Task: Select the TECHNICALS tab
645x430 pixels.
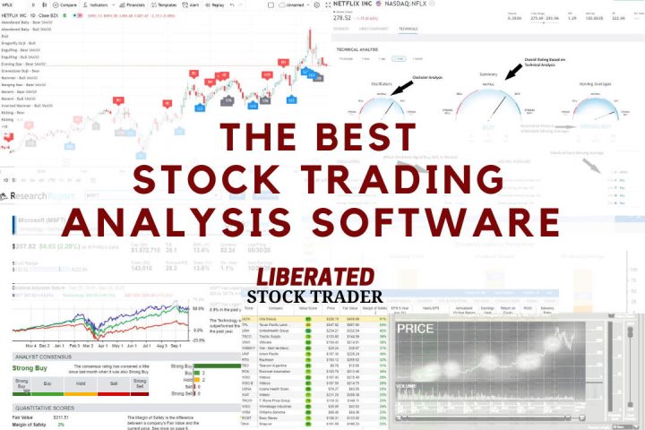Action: (x=408, y=29)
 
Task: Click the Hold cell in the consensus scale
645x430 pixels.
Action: (x=79, y=383)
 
